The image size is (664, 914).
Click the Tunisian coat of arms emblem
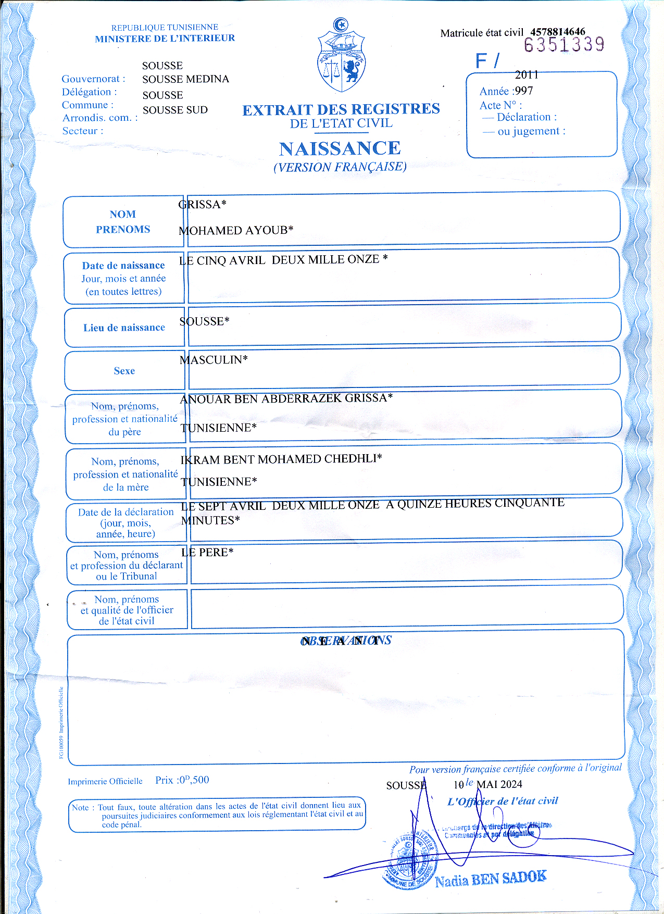[x=341, y=56]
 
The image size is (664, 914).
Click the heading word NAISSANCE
[x=340, y=149]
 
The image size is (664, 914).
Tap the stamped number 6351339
[x=564, y=45]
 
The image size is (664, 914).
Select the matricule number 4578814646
[x=558, y=32]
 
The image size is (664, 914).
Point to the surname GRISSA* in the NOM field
[x=202, y=205]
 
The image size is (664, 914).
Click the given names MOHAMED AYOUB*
[x=236, y=230]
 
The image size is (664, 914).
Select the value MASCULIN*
[x=214, y=360]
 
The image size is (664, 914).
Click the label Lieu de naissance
[x=124, y=328]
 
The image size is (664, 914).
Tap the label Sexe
[x=124, y=371]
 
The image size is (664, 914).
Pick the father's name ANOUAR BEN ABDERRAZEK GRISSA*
[x=286, y=399]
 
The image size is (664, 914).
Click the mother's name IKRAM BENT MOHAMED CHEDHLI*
[x=281, y=459]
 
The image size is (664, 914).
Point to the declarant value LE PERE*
[x=207, y=553]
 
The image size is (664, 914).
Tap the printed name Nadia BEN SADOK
[x=491, y=879]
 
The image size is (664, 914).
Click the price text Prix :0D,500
[x=182, y=780]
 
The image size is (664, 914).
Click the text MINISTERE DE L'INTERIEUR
[x=165, y=39]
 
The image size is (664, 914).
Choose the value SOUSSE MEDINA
[x=185, y=79]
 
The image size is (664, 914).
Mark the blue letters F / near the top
[x=487, y=61]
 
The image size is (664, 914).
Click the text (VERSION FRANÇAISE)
[x=340, y=167]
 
